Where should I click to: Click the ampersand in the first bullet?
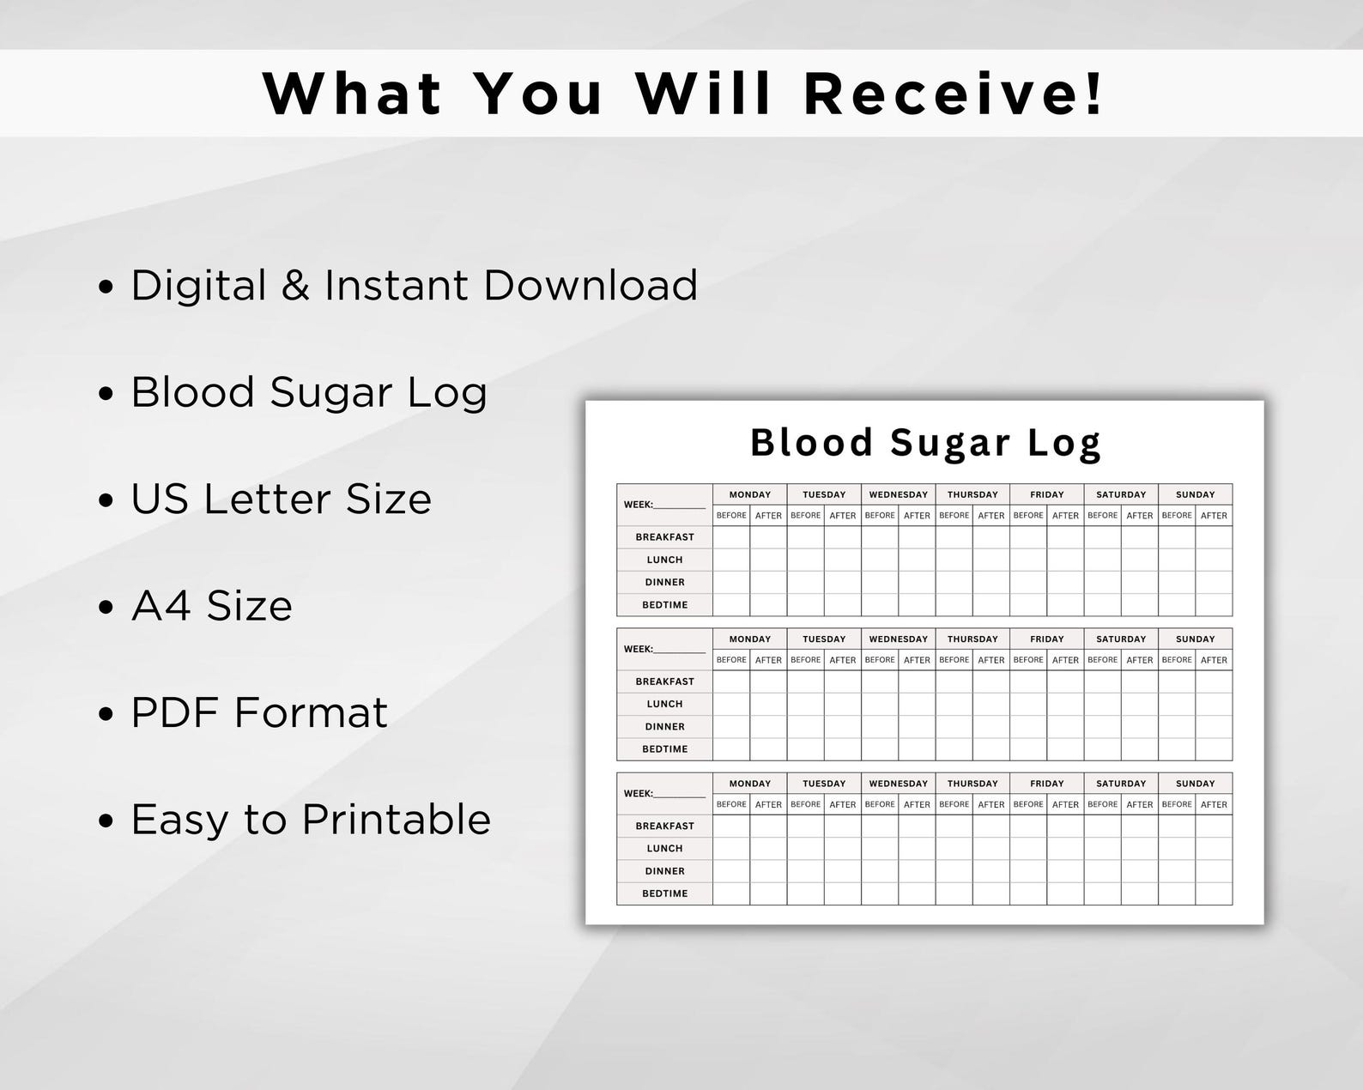pos(295,286)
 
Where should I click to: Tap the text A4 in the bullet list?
pos(161,606)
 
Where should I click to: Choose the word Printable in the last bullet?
pos(397,820)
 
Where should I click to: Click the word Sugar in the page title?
pos(950,443)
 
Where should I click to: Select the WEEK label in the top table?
pos(639,505)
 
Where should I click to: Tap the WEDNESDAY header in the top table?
pos(898,494)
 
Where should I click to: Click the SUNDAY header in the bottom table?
pos(1195,784)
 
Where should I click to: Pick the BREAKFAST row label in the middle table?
pos(664,681)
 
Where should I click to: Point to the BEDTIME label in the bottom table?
pos(664,893)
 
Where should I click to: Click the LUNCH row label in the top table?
pos(664,560)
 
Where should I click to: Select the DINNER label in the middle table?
pos(664,726)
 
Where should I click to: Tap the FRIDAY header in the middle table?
pos(1046,639)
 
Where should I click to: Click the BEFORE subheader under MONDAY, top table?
pos(731,516)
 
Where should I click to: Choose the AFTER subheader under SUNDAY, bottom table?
pos(1214,805)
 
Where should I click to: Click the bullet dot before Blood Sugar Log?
pos(106,394)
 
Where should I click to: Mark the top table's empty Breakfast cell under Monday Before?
pos(731,537)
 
